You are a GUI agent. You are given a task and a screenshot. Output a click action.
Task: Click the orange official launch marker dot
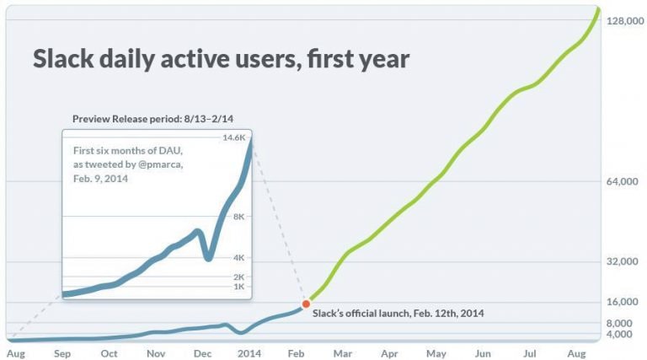(x=306, y=304)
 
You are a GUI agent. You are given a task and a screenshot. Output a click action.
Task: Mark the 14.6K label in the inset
(x=233, y=137)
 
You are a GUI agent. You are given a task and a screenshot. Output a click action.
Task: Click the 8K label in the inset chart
(x=238, y=217)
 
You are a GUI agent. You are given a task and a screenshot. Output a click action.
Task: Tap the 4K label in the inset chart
(x=238, y=257)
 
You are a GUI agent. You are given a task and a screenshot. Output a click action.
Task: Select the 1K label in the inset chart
(x=238, y=287)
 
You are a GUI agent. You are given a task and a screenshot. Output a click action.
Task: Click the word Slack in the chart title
(x=62, y=60)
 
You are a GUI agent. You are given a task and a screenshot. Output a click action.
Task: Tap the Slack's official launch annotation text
(x=398, y=313)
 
